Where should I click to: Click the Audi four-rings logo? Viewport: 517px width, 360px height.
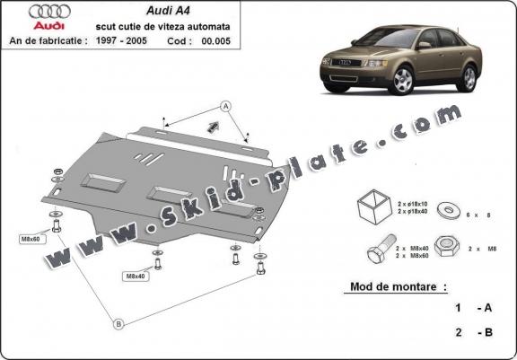tap(48, 12)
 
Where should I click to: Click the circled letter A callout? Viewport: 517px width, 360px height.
tap(226, 107)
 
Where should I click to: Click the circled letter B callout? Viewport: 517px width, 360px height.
tap(118, 323)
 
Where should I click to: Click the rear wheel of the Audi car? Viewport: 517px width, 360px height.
tap(469, 78)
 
